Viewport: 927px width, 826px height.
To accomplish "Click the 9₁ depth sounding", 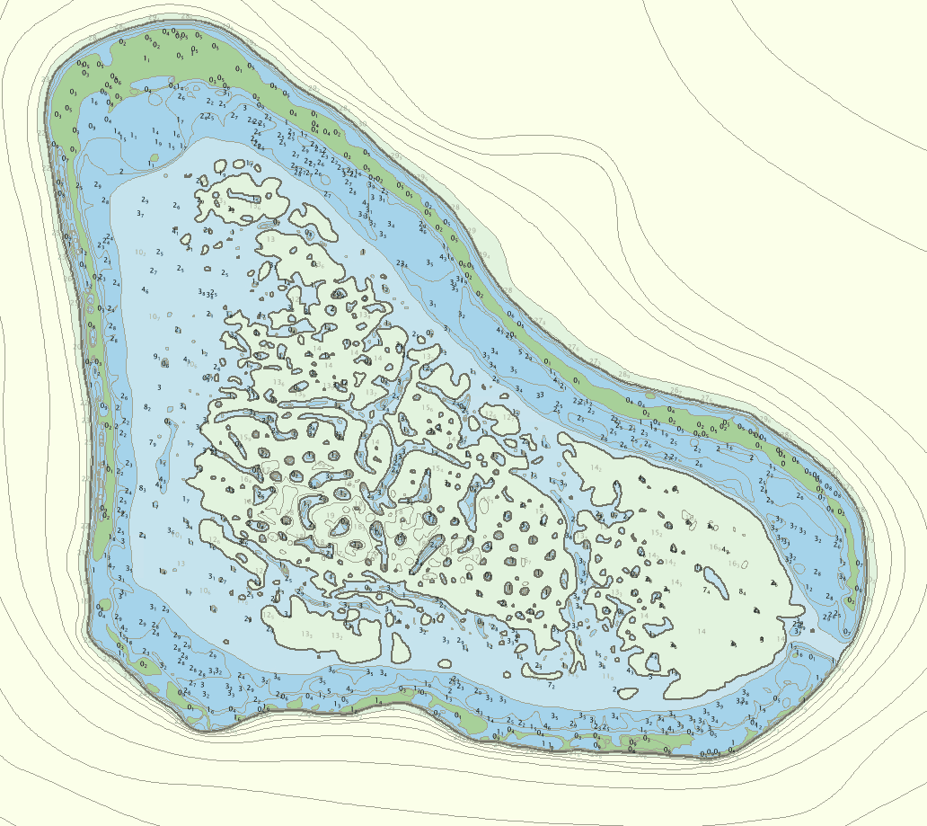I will point(158,357).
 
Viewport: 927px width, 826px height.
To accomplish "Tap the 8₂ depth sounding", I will point(147,408).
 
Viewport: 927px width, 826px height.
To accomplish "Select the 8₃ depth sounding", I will point(142,488).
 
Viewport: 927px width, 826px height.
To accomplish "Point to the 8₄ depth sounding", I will point(742,592).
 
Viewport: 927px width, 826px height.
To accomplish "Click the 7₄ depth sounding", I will point(707,591).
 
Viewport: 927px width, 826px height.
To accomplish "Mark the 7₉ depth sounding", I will point(153,443).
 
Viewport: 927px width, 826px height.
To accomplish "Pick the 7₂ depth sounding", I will point(551,686).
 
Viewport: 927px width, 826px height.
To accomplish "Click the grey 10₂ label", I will point(141,253).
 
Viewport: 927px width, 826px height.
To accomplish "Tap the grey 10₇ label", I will point(155,316).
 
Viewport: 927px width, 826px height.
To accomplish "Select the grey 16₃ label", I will point(734,564).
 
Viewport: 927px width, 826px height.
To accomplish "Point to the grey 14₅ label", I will point(596,467).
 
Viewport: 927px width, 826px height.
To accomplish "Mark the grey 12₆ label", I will point(269,614).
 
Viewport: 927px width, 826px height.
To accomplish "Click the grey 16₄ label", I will point(716,546).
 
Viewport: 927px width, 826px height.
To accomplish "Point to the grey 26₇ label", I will point(707,398).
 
